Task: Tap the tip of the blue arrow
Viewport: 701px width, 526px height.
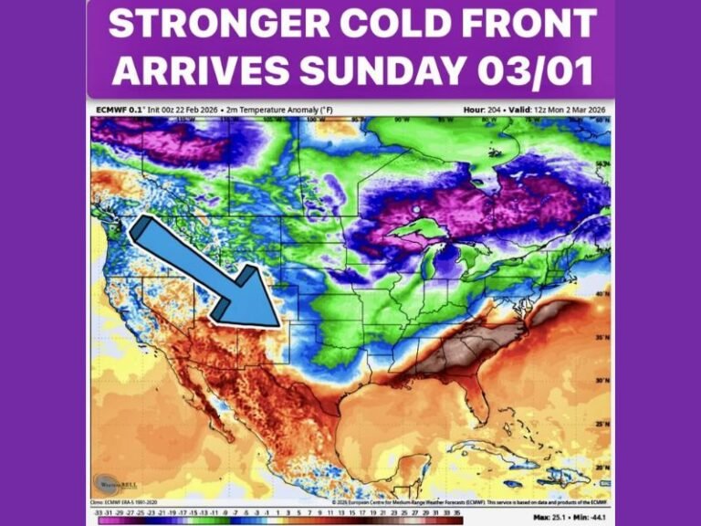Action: [277, 324]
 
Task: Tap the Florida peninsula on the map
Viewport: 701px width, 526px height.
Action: [471, 402]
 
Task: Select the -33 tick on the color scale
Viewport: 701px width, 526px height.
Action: [98, 512]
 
